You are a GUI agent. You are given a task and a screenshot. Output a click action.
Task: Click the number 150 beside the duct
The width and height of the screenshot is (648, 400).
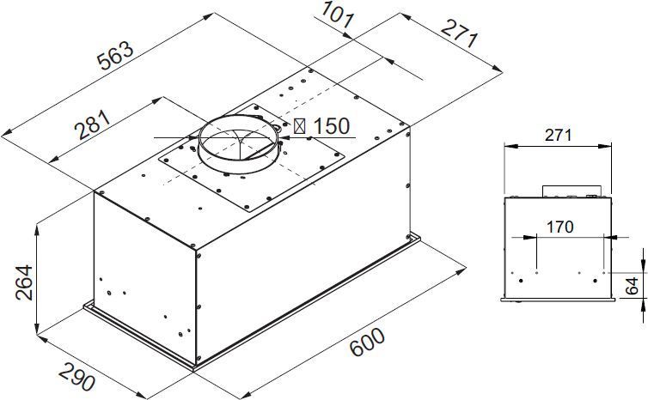coord(331,126)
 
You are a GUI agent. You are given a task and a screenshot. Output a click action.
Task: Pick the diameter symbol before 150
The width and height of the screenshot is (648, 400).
coord(301,126)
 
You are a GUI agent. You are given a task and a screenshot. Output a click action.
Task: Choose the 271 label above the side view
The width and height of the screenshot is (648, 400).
coord(558,136)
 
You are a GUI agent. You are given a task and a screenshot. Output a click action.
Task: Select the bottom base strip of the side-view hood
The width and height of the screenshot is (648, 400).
coord(558,299)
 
